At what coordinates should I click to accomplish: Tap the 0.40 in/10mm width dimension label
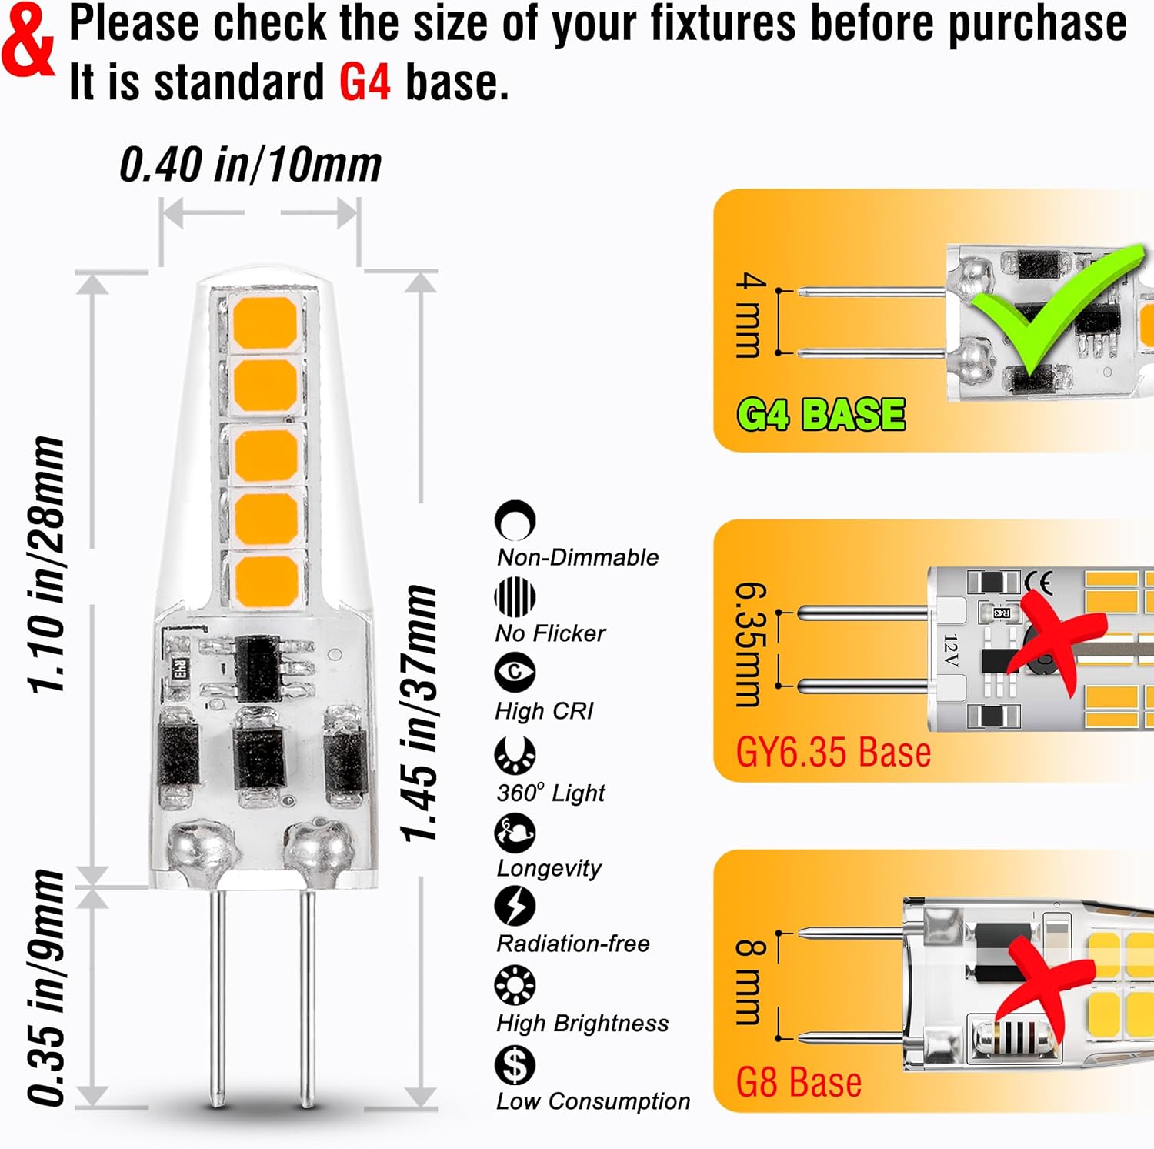pos(250,165)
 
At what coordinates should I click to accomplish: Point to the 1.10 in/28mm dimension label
pos(46,564)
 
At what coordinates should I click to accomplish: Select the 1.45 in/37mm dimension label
pos(419,713)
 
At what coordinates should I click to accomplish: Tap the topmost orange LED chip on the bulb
pos(265,322)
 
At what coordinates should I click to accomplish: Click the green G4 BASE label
pos(821,415)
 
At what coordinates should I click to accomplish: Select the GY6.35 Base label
pos(833,752)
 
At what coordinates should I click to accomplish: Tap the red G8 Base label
pos(799,1082)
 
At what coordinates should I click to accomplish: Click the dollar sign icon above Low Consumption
pos(515,1064)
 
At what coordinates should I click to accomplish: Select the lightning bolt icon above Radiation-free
pos(515,906)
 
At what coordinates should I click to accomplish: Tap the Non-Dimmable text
pos(578,557)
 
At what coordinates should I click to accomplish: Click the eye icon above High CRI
pos(515,672)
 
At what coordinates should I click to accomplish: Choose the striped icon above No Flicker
pos(515,596)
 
